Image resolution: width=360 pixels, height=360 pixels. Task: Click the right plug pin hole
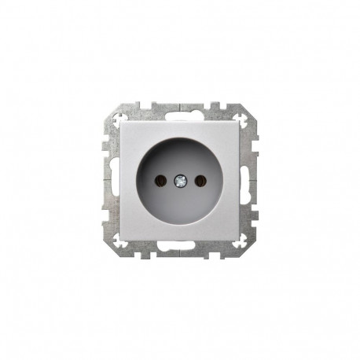tap(199, 181)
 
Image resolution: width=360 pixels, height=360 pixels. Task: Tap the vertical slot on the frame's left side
tap(110, 181)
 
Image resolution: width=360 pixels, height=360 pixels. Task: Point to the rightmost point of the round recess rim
tap(222, 181)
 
